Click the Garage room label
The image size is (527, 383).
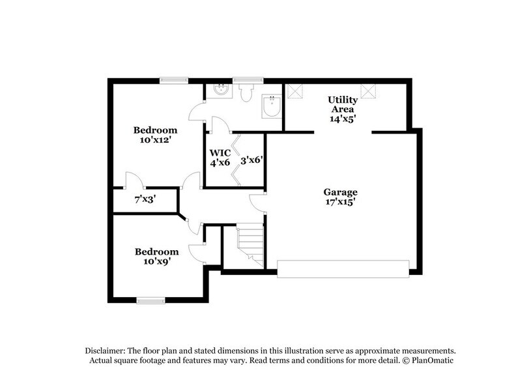coord(341,192)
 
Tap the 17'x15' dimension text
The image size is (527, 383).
coord(341,203)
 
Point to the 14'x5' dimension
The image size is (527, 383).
coord(341,119)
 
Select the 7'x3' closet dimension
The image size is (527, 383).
coord(145,199)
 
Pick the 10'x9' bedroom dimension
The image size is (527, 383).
coord(156,261)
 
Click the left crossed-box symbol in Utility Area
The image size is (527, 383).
coord(296,92)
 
